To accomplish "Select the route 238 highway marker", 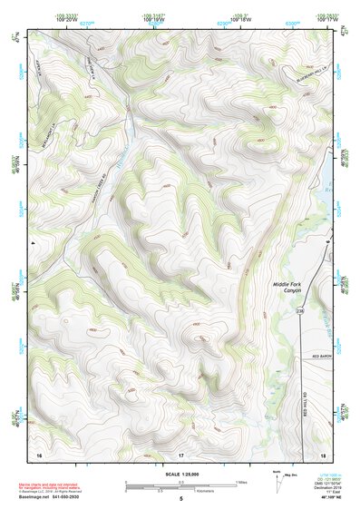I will click(300, 312).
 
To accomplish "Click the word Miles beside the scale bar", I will click(240, 482).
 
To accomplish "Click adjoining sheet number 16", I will click(38, 454).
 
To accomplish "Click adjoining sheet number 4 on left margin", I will click(32, 242).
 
